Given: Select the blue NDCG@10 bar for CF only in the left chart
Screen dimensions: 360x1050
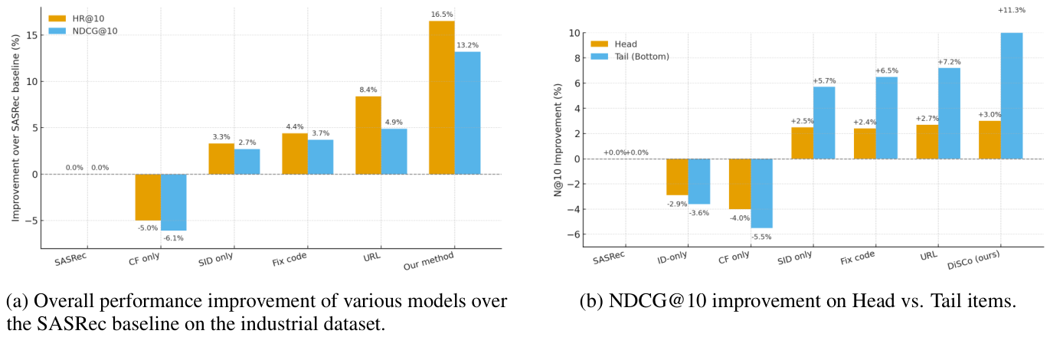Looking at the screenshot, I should pyautogui.click(x=173, y=202).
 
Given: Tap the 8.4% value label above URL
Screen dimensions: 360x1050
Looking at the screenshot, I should pyautogui.click(x=368, y=89).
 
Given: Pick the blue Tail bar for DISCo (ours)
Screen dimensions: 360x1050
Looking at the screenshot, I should pyautogui.click(x=1012, y=96).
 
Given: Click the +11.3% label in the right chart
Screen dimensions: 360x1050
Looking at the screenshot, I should pyautogui.click(x=1012, y=10).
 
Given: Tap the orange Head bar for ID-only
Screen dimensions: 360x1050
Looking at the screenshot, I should pyautogui.click(x=677, y=177).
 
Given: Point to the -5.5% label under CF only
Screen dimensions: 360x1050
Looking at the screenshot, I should pyautogui.click(x=762, y=236).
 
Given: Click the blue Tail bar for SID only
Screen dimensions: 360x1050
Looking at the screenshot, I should pyautogui.click(x=824, y=123).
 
